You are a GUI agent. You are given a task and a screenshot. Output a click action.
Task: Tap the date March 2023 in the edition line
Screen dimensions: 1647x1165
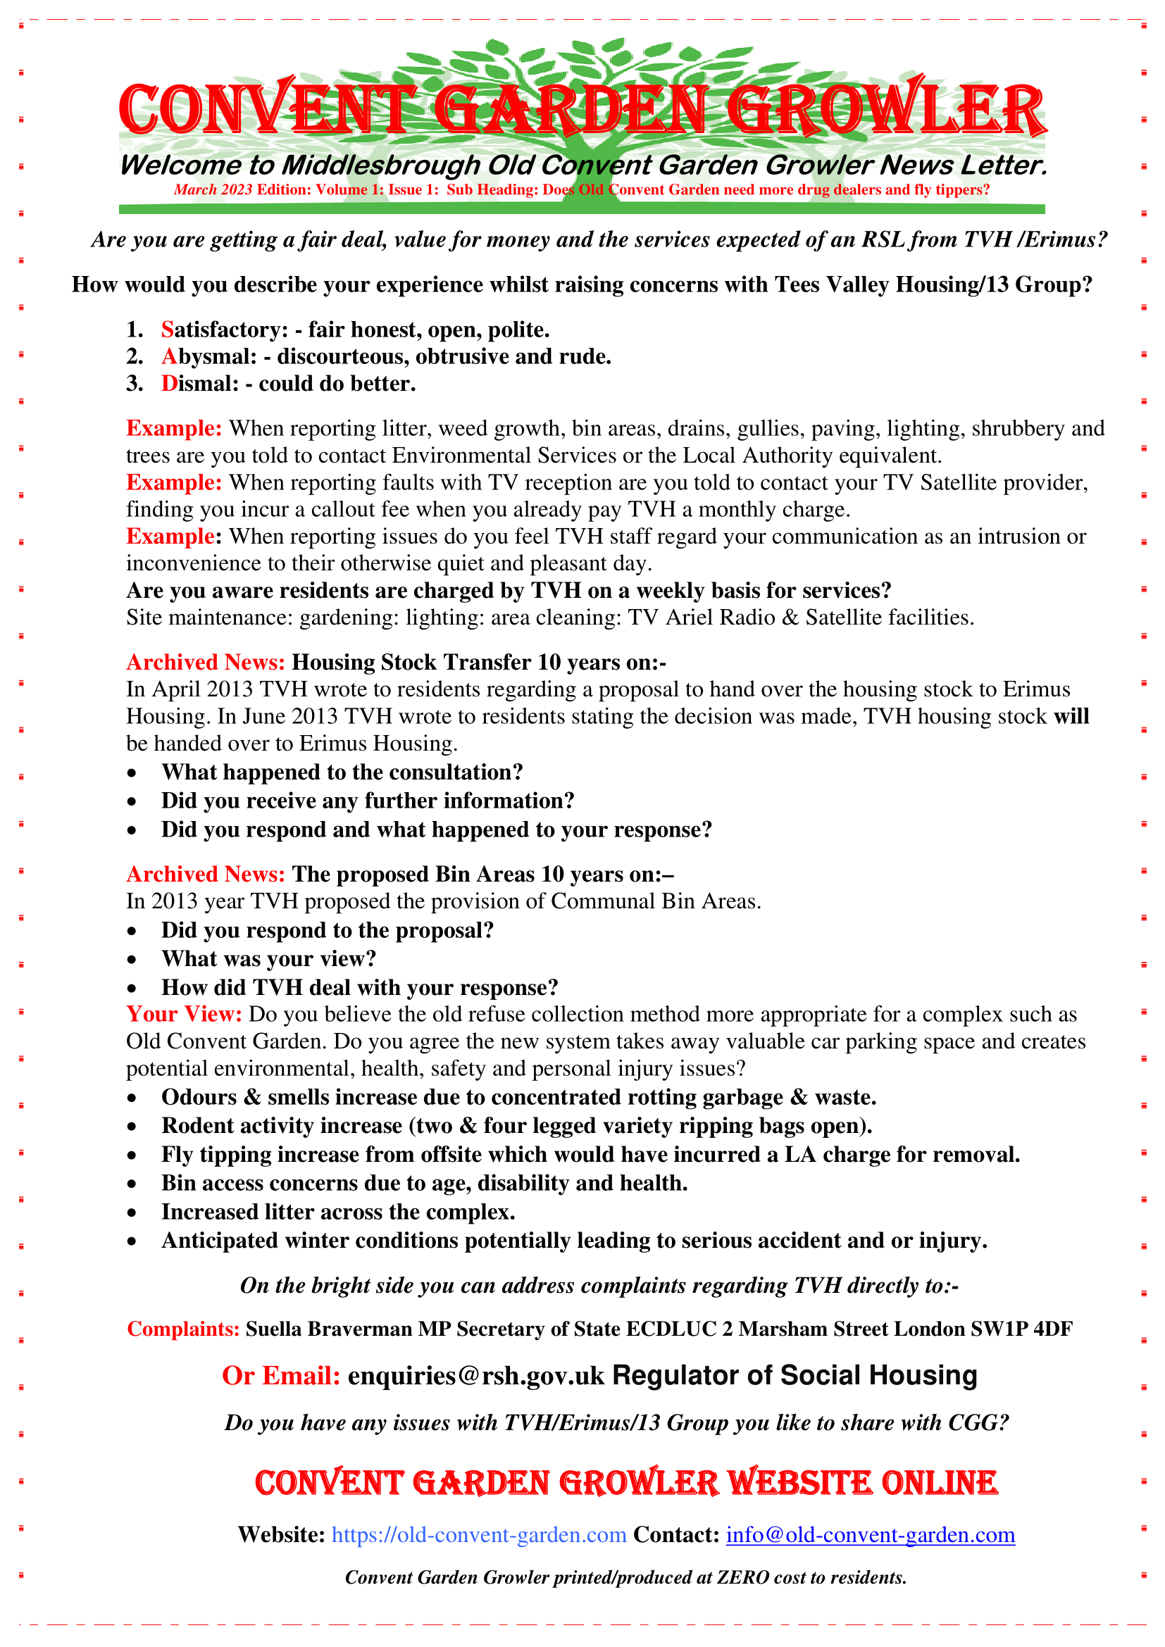coord(212,189)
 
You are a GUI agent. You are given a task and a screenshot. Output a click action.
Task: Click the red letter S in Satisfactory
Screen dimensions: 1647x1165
coord(167,330)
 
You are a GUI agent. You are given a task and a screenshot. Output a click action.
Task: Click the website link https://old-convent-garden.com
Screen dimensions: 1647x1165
coord(478,1534)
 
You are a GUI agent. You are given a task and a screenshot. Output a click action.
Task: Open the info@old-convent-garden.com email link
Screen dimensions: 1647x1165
coord(870,1534)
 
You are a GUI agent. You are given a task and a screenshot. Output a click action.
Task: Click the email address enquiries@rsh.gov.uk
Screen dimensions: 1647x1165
coord(475,1375)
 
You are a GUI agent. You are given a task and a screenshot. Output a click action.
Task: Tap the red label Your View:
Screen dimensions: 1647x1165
coord(184,1013)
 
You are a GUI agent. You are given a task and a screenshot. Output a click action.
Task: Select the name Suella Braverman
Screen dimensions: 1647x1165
coord(328,1329)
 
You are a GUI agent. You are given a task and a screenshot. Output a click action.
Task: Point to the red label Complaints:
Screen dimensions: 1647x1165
coord(183,1329)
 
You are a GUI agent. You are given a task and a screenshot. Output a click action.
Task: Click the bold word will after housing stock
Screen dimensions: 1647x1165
coord(1071,716)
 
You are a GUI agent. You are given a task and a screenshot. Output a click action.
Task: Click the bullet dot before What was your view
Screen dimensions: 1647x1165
coord(132,960)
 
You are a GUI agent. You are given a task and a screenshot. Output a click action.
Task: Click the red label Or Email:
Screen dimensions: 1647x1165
coord(280,1375)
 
